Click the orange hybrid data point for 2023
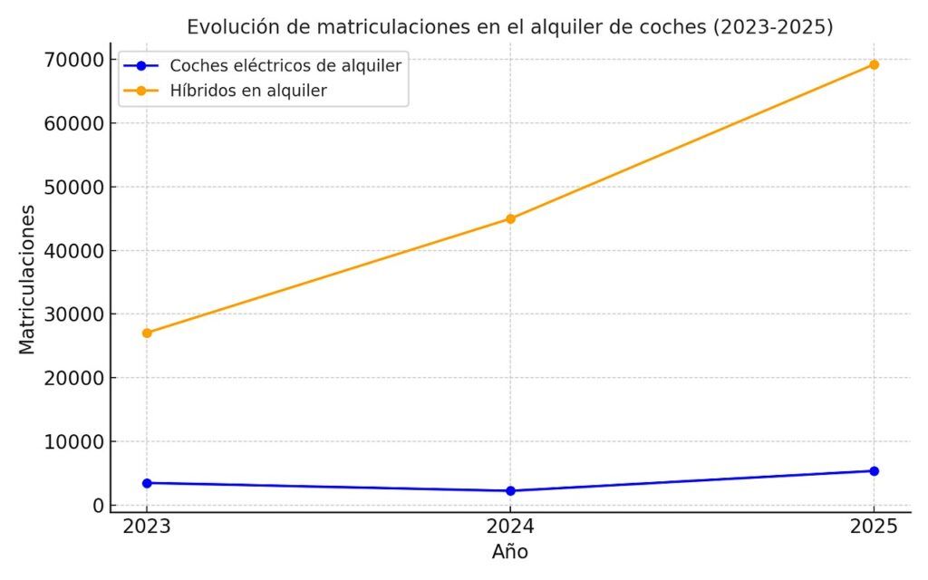tap(147, 333)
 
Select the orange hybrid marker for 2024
tap(510, 218)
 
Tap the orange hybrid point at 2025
tap(874, 64)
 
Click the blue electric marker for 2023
tap(147, 483)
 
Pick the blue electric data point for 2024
tap(510, 491)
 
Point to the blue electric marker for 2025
tap(874, 470)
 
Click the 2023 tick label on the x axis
tap(147, 526)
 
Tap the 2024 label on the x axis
tap(510, 526)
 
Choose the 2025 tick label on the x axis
tap(874, 526)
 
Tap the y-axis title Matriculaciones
tap(27, 278)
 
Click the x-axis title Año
tap(510, 552)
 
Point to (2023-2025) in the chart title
tap(773, 27)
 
